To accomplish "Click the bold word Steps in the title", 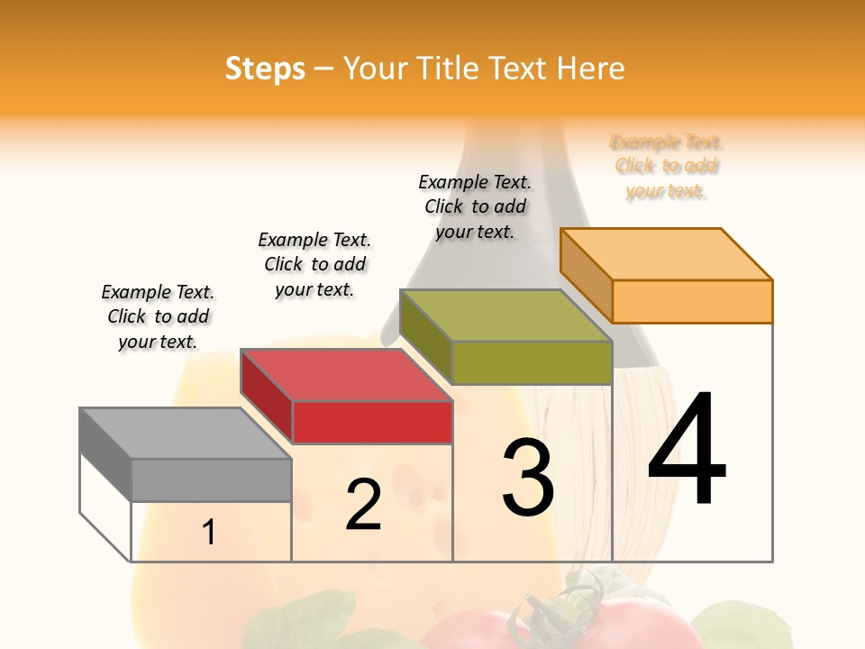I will (x=265, y=69).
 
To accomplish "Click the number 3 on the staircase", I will (x=527, y=478).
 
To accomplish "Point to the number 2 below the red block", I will (x=363, y=506).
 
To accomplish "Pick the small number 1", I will (x=208, y=533).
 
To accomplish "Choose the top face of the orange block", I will (x=667, y=254).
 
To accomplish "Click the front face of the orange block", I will (x=692, y=301).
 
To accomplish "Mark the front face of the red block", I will (x=372, y=422).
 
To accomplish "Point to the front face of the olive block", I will (x=532, y=362).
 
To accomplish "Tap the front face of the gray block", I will (x=211, y=480).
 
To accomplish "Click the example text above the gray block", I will (x=158, y=316).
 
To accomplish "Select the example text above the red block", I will (x=314, y=264).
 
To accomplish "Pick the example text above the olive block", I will (x=475, y=206).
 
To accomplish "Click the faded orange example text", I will (x=667, y=166).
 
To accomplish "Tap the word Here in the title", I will (x=590, y=69).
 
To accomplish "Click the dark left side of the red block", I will (x=267, y=395).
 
